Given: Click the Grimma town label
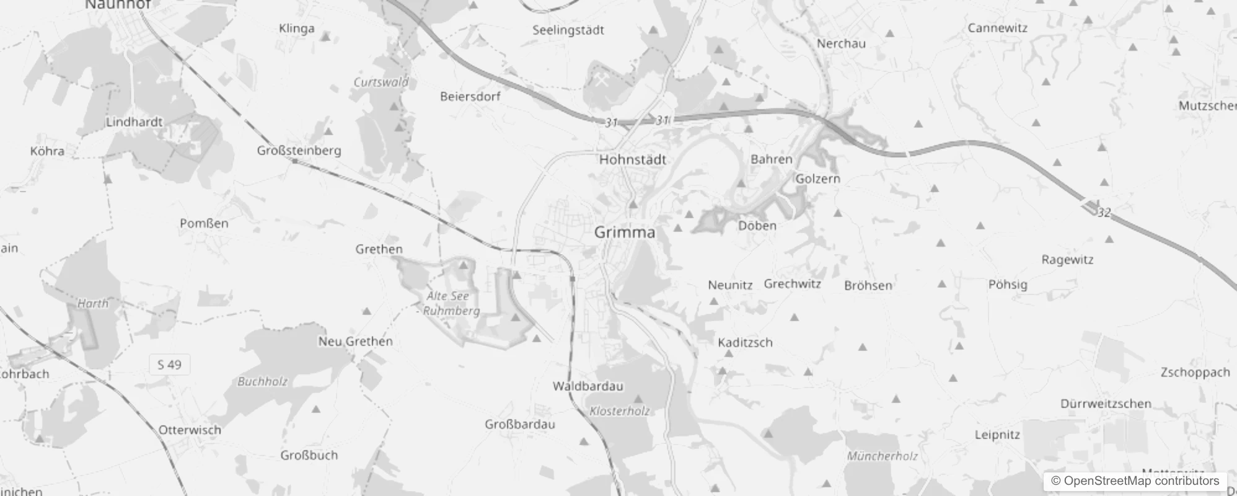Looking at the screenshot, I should click(x=624, y=232).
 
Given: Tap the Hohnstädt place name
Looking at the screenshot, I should click(x=632, y=159).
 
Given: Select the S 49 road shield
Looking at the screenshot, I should click(x=169, y=365).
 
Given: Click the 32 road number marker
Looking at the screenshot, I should click(x=1103, y=213).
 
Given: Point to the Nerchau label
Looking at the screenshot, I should click(x=841, y=43).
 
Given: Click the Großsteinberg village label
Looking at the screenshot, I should click(x=299, y=151).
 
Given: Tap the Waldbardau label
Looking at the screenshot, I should click(x=588, y=386).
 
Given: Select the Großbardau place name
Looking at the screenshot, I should click(x=519, y=425).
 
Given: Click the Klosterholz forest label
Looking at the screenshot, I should click(x=619, y=411).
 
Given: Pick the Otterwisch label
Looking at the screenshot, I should click(x=190, y=430).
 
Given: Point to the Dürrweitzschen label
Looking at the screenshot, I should click(x=1106, y=404).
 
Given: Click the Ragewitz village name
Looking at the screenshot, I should click(x=1067, y=260).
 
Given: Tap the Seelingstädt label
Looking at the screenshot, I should click(x=568, y=30).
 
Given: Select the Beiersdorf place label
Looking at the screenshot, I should click(x=470, y=96).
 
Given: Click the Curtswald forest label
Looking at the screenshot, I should click(x=381, y=82).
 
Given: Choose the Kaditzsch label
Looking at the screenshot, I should click(x=745, y=342).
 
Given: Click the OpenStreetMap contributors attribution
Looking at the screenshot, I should click(x=1135, y=481).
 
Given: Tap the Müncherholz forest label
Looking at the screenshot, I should click(x=882, y=456).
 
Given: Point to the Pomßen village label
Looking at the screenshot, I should click(x=204, y=223).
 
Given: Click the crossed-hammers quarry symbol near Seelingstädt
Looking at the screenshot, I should click(x=601, y=80).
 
